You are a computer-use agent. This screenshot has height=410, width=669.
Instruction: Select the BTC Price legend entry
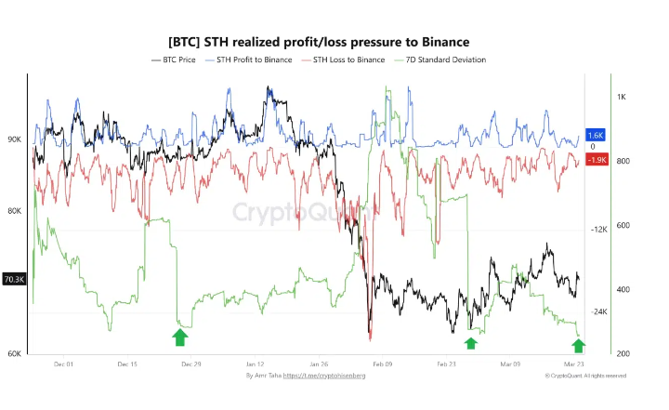173,60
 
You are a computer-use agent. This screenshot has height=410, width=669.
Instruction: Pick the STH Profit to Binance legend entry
248,60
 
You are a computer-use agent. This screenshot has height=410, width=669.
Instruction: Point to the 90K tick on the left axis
14,139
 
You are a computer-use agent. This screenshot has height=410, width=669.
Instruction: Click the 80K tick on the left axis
14,211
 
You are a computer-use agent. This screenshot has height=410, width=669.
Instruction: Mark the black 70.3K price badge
14,279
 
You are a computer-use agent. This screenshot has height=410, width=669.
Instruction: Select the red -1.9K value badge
597,160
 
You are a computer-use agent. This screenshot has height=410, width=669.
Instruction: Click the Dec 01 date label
63,364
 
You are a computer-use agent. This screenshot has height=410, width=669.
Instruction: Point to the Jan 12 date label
255,364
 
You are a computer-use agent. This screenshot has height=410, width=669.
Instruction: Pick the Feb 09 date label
382,364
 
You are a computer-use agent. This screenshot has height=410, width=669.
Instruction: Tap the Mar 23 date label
574,364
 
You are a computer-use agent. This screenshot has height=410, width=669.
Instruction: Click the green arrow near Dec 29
180,337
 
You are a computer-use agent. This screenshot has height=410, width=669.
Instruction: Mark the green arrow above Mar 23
579,346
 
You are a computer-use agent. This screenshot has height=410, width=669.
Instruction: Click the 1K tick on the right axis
621,97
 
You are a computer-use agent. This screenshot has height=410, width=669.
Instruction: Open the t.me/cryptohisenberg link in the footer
325,376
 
